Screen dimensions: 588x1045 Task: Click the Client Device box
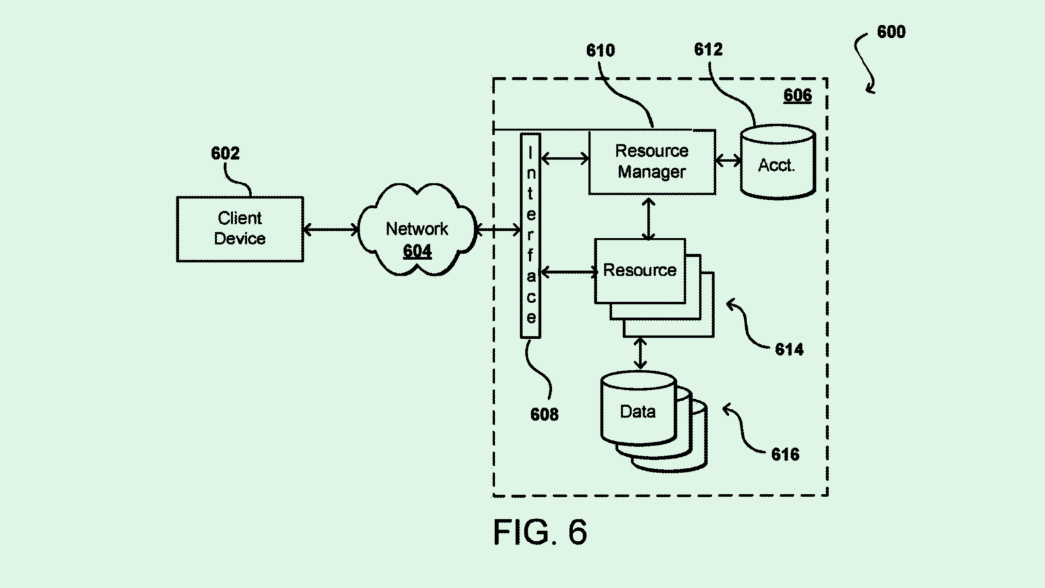click(240, 229)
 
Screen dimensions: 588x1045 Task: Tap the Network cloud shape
click(417, 230)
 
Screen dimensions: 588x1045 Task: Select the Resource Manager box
click(651, 161)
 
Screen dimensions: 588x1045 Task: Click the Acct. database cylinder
click(777, 163)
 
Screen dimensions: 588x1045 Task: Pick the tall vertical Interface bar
click(530, 235)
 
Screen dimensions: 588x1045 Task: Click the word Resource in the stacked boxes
click(639, 270)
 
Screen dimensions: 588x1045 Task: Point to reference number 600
click(891, 32)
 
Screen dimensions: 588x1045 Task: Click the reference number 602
click(225, 154)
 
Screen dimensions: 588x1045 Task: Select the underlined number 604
click(417, 251)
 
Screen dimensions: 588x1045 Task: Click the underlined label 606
click(797, 95)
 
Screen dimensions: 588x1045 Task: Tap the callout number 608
click(544, 414)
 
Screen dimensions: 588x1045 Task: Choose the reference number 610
click(600, 50)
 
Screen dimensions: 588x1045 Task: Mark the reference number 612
click(708, 50)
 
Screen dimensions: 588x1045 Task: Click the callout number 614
click(789, 350)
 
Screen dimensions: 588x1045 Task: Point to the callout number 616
click(784, 454)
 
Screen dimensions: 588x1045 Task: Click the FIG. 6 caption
click(540, 532)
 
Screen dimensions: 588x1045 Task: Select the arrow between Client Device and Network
click(331, 229)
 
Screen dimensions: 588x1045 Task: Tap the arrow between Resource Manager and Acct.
click(728, 161)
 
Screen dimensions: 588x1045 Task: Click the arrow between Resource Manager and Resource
click(649, 218)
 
